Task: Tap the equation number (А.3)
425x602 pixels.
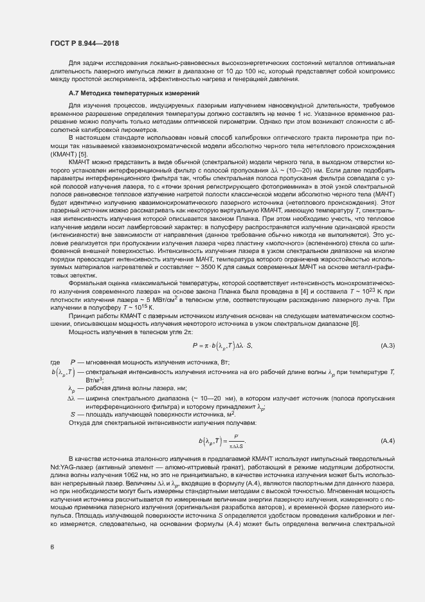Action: pos(388,346)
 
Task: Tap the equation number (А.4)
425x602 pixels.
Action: pos(388,440)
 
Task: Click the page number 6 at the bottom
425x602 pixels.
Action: pos(51,547)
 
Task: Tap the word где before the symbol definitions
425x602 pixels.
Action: pos(55,363)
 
